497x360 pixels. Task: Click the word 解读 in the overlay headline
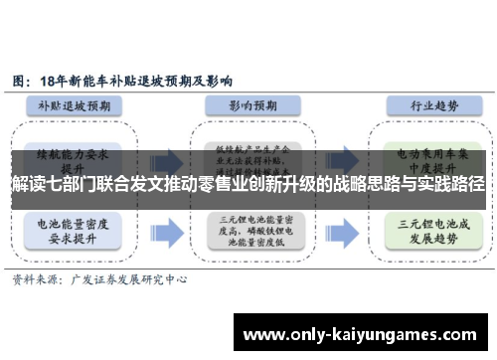[25, 185]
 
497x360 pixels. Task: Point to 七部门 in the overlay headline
[67, 185]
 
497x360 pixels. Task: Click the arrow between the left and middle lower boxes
[166, 230]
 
